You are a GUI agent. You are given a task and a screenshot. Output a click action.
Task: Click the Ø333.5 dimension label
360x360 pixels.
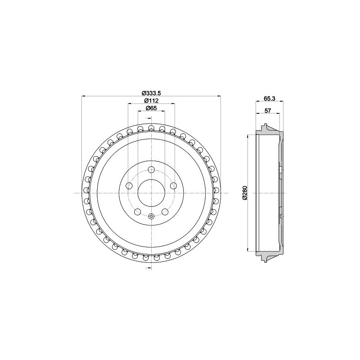click(x=151, y=93)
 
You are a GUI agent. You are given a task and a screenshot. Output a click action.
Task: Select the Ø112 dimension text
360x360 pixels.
click(x=152, y=100)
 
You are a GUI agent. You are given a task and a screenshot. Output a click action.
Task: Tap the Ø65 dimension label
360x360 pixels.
click(x=151, y=108)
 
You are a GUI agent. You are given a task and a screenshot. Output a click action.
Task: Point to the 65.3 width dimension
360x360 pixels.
click(x=269, y=98)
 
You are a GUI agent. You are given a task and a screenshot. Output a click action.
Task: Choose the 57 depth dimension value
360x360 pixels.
click(x=268, y=110)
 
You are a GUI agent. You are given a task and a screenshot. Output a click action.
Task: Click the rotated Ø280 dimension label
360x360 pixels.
click(x=244, y=193)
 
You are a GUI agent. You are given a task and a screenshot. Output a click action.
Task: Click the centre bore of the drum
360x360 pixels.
click(x=151, y=193)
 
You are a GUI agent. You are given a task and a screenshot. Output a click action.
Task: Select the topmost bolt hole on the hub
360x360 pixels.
click(x=151, y=170)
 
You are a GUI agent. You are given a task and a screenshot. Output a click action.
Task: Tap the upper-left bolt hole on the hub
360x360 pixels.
click(x=130, y=185)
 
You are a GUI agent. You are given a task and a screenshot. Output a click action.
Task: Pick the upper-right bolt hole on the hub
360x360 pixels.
click(x=173, y=185)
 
